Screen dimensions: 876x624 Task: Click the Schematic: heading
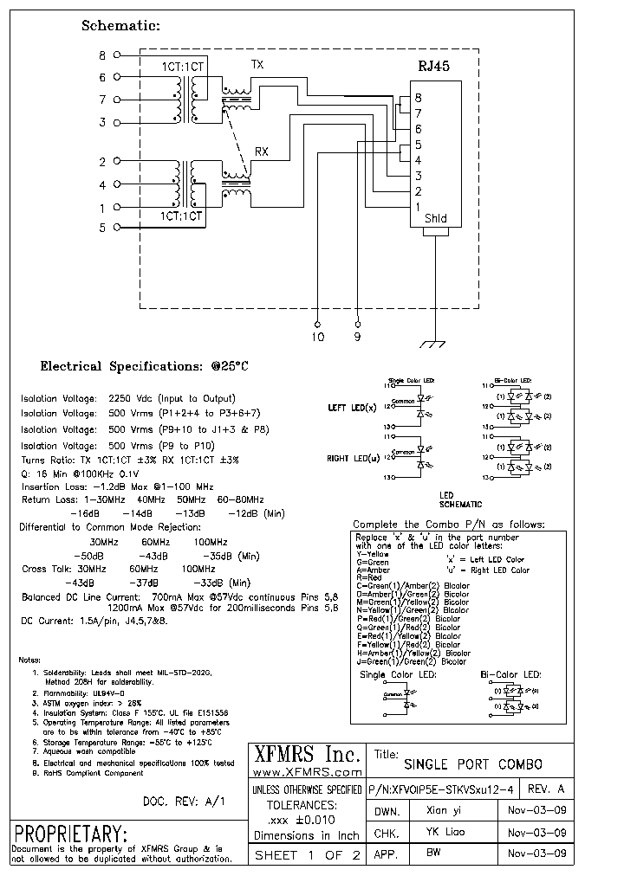coord(120,26)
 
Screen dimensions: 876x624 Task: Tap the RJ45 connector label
coord(434,66)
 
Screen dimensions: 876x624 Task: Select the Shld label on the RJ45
coord(435,219)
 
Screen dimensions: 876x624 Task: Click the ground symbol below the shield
coord(432,345)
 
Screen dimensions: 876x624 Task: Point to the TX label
coord(257,65)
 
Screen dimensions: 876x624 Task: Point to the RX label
coord(261,151)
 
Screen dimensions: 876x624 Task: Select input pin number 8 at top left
coord(102,55)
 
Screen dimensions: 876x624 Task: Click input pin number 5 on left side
coord(102,228)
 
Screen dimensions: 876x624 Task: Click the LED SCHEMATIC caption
coord(461,499)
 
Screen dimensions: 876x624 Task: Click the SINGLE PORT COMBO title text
coord(473,764)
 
